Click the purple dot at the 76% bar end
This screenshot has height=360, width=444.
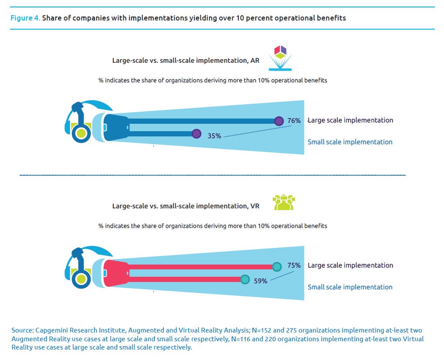tap(279, 121)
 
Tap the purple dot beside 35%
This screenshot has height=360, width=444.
tap(196, 134)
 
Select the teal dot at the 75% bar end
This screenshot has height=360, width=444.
tap(277, 267)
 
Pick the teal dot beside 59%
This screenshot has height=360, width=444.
tap(245, 279)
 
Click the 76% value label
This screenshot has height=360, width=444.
tap(294, 121)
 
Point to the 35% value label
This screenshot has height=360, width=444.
tap(214, 136)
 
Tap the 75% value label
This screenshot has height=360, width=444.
tap(294, 265)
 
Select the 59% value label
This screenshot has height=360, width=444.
tap(261, 281)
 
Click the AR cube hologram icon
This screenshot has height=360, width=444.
tap(280, 58)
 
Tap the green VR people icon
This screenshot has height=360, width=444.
tap(284, 203)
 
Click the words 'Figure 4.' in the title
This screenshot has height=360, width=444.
tap(25, 18)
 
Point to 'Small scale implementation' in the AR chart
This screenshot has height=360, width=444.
tap(350, 142)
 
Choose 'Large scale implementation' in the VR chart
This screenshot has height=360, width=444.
tap(350, 265)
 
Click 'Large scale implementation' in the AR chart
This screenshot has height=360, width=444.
tap(350, 120)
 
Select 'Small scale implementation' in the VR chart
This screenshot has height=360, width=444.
tap(350, 287)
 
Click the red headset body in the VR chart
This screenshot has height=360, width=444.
tap(115, 273)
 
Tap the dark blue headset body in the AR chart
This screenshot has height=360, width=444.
tap(115, 127)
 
